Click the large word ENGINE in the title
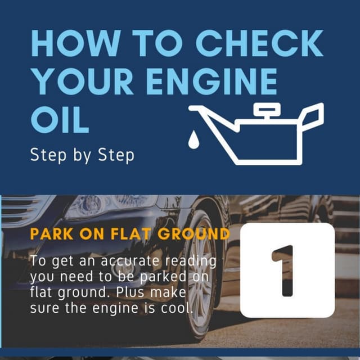coord(210,81)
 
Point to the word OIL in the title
coord(60,119)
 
